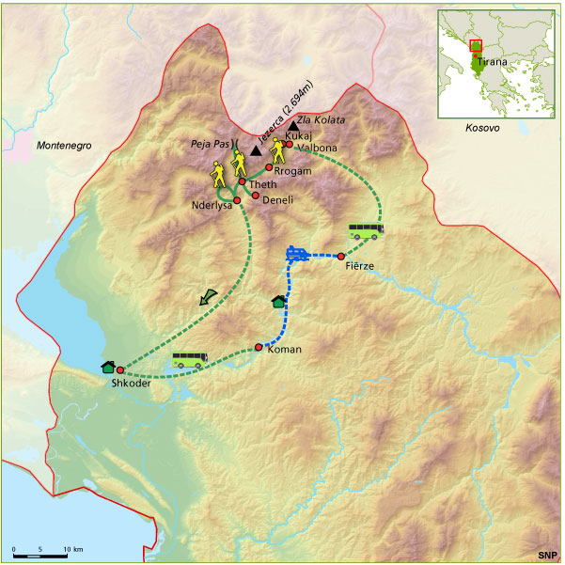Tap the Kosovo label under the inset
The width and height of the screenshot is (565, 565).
click(x=481, y=125)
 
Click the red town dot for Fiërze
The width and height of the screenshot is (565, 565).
click(x=340, y=256)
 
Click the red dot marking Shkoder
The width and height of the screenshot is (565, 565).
click(x=120, y=370)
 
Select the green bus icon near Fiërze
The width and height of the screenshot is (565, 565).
click(x=366, y=230)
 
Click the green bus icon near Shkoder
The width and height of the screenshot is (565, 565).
click(x=190, y=359)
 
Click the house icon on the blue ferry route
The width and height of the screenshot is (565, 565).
click(x=278, y=301)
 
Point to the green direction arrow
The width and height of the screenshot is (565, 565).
click(x=208, y=297)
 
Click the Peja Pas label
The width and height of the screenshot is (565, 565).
click(x=209, y=145)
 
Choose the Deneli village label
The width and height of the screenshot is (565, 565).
click(x=278, y=199)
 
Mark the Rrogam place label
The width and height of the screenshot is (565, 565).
click(x=291, y=169)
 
